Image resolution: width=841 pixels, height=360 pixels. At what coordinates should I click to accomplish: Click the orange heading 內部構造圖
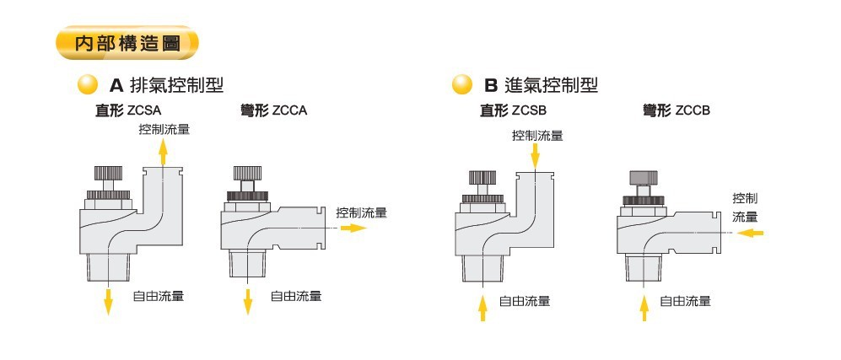(x=127, y=44)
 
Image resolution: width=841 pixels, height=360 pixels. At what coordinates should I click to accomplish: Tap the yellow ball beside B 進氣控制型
(x=461, y=85)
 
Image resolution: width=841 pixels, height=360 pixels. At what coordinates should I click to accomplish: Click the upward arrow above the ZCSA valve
(x=163, y=153)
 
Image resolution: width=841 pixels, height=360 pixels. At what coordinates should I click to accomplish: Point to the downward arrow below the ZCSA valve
(x=109, y=300)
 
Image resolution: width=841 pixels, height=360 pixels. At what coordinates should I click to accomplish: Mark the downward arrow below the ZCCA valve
(x=248, y=300)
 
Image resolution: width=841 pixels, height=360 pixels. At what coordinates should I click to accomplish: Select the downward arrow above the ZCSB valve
(x=535, y=155)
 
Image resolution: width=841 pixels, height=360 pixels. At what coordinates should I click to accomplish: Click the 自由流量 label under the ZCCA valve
(x=295, y=296)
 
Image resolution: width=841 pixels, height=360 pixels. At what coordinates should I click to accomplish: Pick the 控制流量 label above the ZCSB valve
(x=537, y=135)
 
